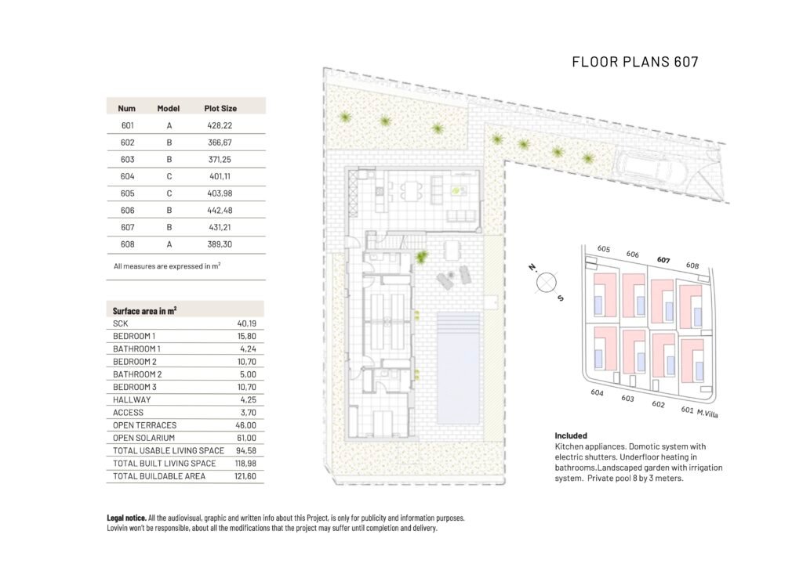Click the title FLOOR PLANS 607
634,62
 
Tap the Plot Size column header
220,108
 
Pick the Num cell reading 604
128,177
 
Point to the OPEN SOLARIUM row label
144,438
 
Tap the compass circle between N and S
546,282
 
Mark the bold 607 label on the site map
663,260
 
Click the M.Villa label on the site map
710,413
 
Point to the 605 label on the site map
603,249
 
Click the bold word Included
571,435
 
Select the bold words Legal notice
126,518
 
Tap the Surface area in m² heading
144,310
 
